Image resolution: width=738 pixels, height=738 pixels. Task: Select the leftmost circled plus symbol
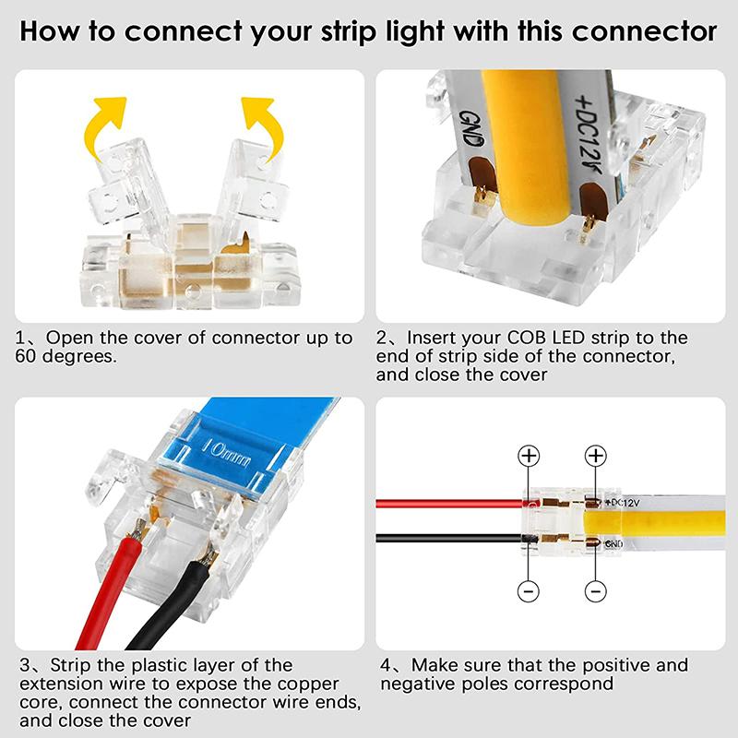click(529, 456)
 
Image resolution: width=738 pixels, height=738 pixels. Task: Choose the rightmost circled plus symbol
click(596, 456)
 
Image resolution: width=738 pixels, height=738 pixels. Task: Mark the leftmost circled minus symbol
click(529, 590)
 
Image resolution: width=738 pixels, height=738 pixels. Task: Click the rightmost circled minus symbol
click(596, 590)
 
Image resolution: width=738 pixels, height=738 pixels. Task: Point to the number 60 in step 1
click(28, 356)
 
